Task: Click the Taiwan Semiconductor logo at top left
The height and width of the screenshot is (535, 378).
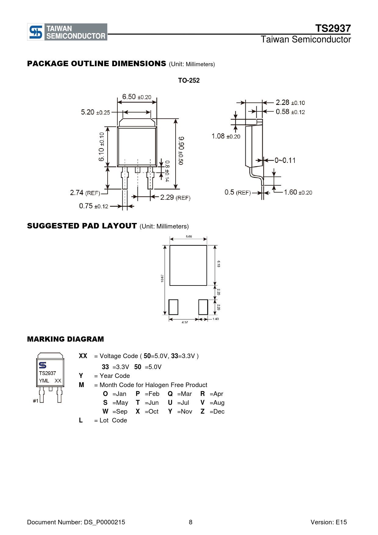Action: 67,32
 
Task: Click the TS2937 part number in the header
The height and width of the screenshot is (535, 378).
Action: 333,28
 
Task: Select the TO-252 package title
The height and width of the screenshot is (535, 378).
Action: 189,81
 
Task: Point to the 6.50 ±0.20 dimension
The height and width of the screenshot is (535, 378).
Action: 137,97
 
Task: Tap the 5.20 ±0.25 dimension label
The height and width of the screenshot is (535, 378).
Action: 95,112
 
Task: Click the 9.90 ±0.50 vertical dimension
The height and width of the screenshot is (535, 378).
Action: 181,151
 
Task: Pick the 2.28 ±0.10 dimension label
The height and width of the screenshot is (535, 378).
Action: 290,102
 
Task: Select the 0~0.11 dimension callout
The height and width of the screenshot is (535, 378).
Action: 285,160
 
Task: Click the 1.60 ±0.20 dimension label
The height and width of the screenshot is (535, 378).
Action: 298,192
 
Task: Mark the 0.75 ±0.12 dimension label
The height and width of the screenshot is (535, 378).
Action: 94,206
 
